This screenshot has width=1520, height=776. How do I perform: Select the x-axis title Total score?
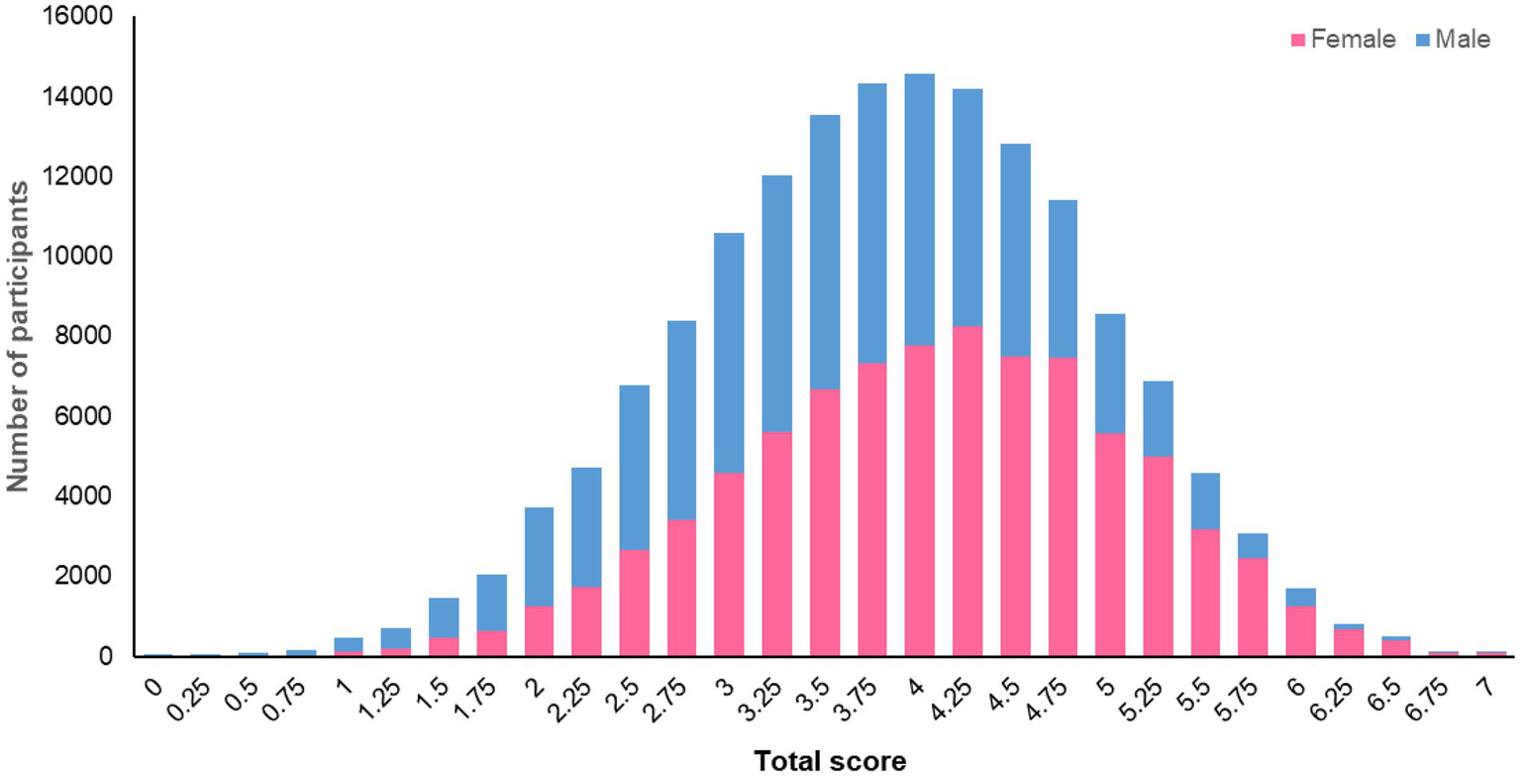[x=830, y=759]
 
